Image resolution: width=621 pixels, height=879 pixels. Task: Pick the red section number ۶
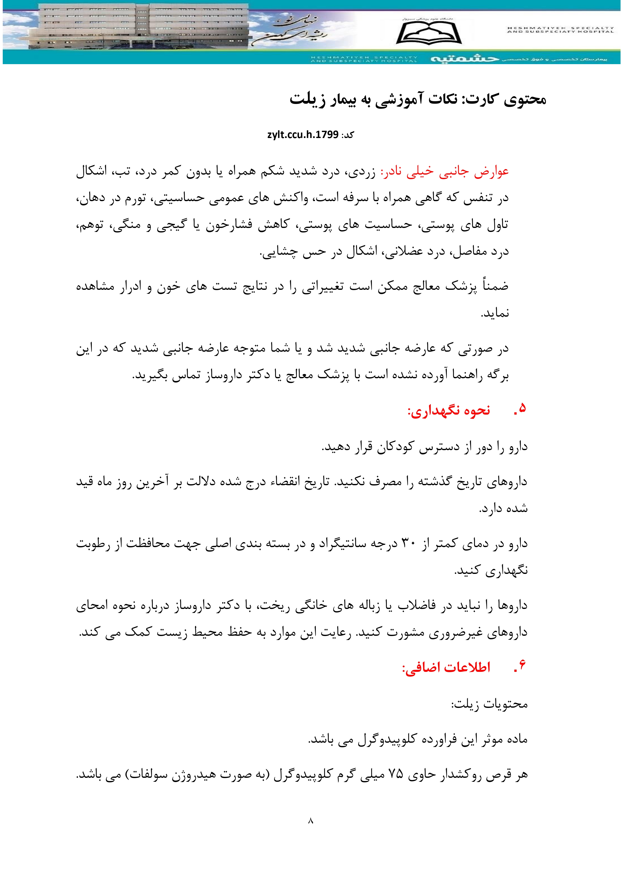[521, 666]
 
